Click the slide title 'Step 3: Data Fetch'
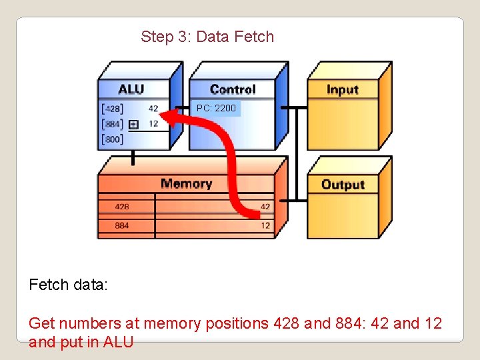click(x=207, y=37)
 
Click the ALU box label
click(x=131, y=89)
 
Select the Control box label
click(x=232, y=89)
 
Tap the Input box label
click(x=343, y=89)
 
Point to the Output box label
click(x=343, y=185)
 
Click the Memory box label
click(x=186, y=183)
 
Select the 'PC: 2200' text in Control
click(x=216, y=108)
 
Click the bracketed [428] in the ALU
click(x=112, y=109)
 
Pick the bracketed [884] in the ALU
click(x=112, y=123)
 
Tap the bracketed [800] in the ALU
click(x=112, y=139)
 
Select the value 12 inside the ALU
click(x=153, y=123)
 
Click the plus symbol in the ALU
click(x=133, y=124)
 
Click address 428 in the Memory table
click(x=122, y=207)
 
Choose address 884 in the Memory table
click(x=122, y=225)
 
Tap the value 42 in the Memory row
click(x=265, y=207)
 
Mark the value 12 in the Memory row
click(x=265, y=225)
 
